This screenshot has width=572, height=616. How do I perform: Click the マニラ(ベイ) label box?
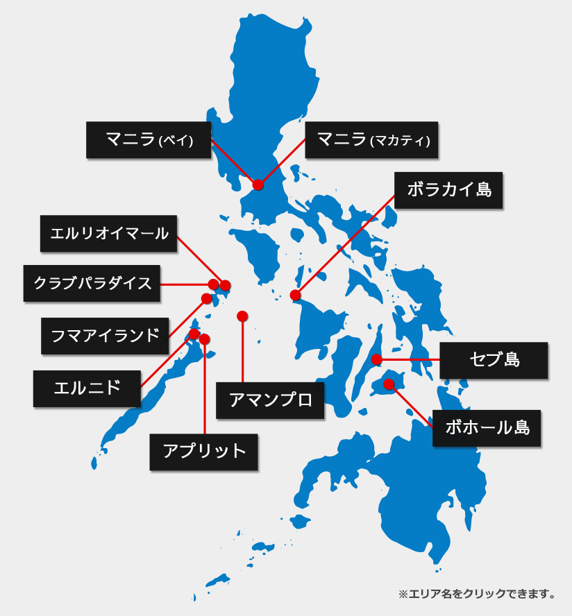click(149, 140)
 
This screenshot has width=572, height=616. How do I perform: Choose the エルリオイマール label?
click(109, 233)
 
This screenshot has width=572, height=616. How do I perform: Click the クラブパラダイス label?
click(92, 283)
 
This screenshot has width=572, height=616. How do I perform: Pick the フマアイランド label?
click(105, 336)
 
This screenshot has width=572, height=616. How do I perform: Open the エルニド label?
click(87, 388)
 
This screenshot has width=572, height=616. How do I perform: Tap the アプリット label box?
click(204, 451)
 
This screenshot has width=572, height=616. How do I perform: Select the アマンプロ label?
click(270, 400)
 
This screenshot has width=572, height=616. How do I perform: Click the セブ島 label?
click(494, 359)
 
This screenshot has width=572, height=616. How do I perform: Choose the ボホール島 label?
click(487, 427)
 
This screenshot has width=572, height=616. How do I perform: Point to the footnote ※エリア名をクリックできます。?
click(478, 594)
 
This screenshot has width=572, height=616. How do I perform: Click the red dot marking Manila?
click(258, 185)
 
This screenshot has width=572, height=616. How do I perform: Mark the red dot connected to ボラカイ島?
click(296, 296)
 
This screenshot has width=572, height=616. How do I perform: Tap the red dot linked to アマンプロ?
click(242, 316)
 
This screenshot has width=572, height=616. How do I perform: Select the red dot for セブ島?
click(376, 359)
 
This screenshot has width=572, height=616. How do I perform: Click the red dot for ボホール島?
click(389, 384)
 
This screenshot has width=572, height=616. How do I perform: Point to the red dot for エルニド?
click(194, 334)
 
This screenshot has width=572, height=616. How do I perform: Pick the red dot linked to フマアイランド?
click(206, 298)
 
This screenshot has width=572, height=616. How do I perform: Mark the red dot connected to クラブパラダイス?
click(213, 284)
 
